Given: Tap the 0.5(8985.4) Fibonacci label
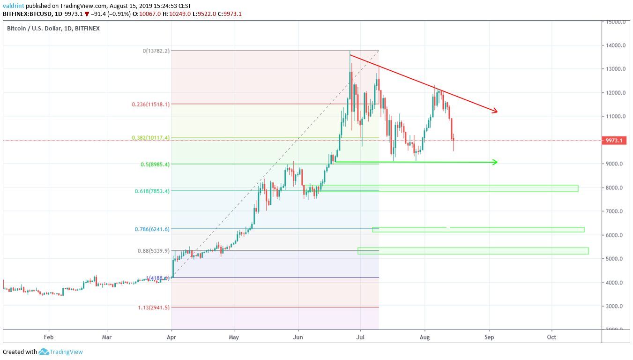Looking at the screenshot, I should click(x=155, y=165).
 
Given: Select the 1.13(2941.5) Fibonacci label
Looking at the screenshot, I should click(x=154, y=307).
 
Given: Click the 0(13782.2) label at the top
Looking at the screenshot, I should click(x=156, y=51).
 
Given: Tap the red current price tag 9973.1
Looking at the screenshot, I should click(x=614, y=141).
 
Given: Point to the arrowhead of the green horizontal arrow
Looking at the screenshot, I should click(x=495, y=162).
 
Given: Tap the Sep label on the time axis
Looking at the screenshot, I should click(x=489, y=337).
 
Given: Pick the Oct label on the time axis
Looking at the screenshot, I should click(x=551, y=337).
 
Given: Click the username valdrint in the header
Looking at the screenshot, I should click(x=13, y=6).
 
